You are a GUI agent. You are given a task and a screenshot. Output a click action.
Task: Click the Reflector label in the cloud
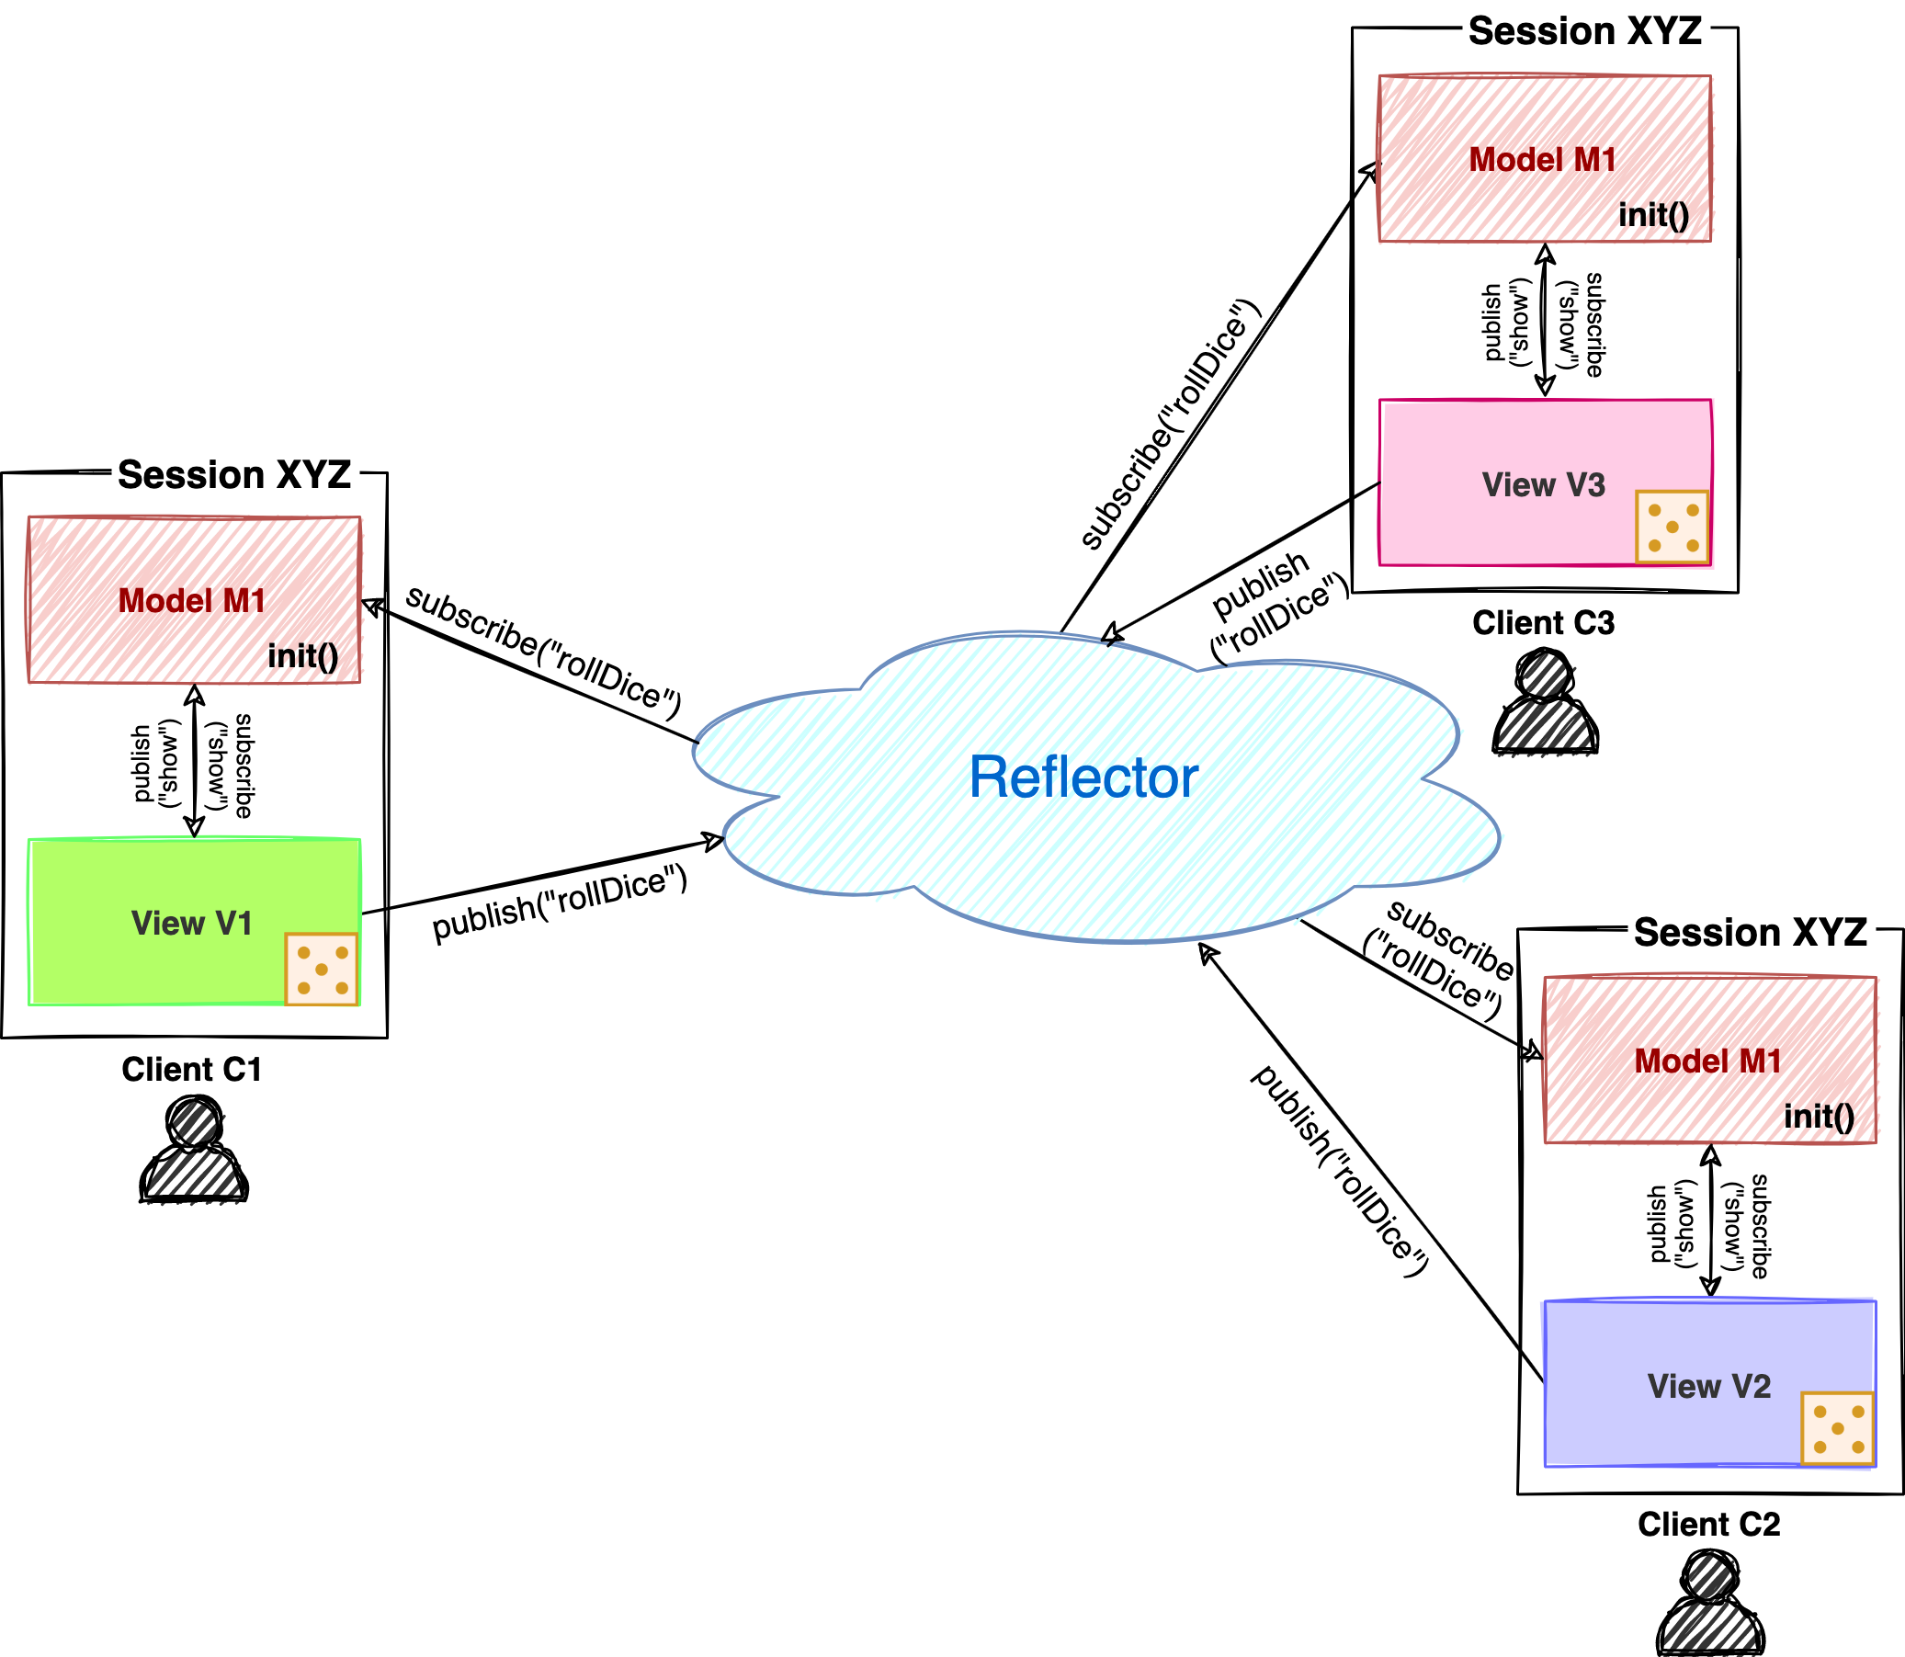(x=1083, y=777)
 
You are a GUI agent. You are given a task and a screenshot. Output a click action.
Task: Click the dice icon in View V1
(x=322, y=969)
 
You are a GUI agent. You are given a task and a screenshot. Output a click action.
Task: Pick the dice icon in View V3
(x=1672, y=527)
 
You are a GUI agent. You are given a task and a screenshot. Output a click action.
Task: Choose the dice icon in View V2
(x=1838, y=1428)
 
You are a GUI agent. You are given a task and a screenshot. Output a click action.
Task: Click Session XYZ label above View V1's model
(x=235, y=474)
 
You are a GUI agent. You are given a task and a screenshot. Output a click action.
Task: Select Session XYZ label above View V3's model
(x=1585, y=30)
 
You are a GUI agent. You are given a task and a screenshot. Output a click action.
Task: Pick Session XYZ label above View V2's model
(x=1751, y=931)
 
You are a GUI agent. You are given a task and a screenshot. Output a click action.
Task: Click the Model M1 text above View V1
(x=192, y=601)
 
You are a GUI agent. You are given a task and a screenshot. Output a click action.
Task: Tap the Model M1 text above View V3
(x=1543, y=160)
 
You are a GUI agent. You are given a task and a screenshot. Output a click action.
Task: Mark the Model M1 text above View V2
(x=1708, y=1061)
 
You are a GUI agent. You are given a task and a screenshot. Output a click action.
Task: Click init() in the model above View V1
(x=302, y=656)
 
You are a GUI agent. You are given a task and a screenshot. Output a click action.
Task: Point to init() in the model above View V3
(x=1653, y=215)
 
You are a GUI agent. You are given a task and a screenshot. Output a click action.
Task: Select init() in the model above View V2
(x=1819, y=1116)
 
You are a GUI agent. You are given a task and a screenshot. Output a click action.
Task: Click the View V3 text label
(x=1544, y=484)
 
